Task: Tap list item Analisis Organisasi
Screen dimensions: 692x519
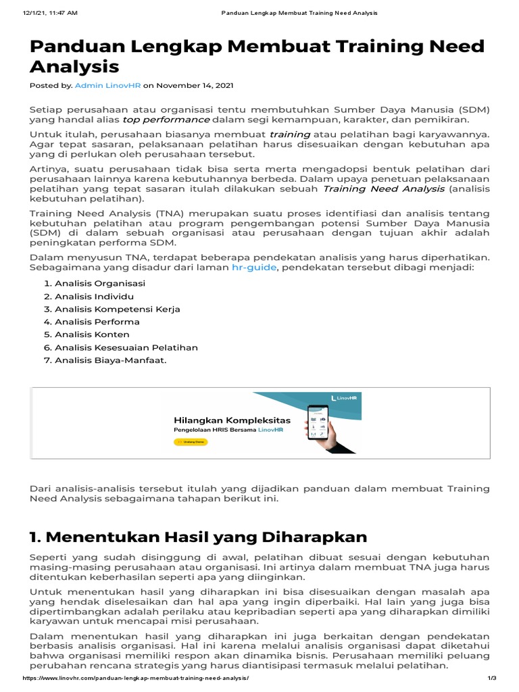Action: (x=100, y=284)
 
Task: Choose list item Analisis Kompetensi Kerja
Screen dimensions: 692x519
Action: (x=117, y=309)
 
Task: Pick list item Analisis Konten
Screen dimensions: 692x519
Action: (x=92, y=335)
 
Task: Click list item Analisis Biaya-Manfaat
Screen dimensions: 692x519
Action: (x=109, y=360)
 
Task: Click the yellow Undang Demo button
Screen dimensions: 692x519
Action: (x=191, y=441)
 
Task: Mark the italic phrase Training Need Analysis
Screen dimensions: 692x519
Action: (x=384, y=189)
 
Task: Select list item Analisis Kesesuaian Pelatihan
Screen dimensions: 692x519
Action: (x=126, y=347)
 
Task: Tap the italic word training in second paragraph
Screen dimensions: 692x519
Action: (x=289, y=134)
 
